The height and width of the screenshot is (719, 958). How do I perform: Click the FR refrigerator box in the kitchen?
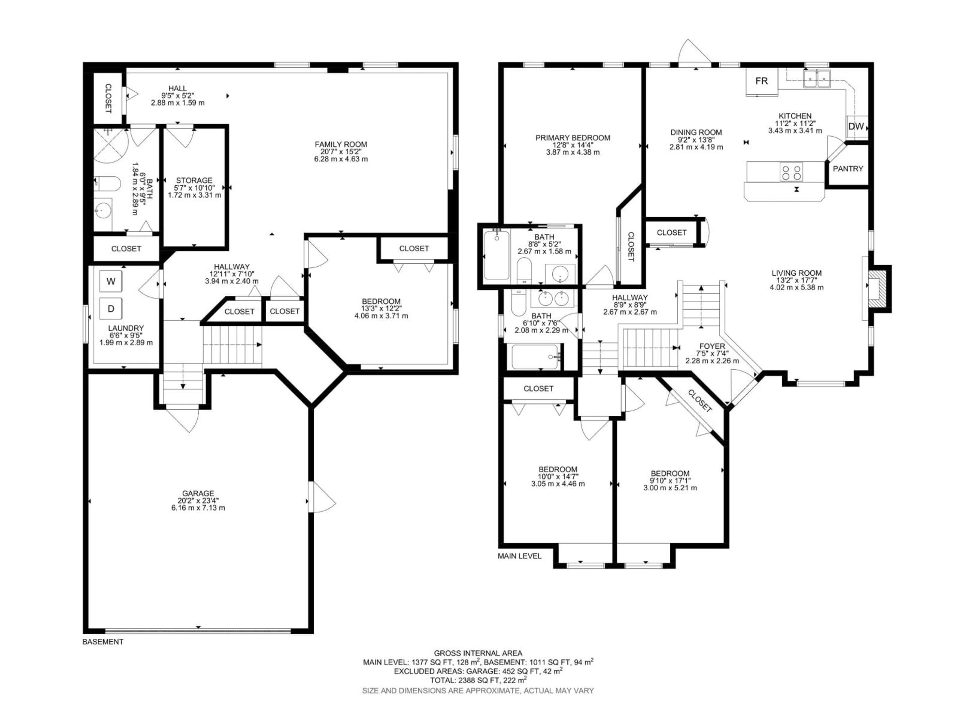pyautogui.click(x=761, y=81)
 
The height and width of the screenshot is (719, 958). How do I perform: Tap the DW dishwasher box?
pyautogui.click(x=856, y=127)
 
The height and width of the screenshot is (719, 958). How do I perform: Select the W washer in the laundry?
pyautogui.click(x=111, y=282)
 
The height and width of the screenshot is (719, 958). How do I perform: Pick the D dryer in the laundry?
pyautogui.click(x=111, y=309)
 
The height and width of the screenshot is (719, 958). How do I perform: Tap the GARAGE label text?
pyautogui.click(x=198, y=493)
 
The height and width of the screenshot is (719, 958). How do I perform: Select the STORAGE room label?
pyautogui.click(x=194, y=180)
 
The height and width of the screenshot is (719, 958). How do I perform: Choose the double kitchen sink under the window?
pyautogui.click(x=816, y=79)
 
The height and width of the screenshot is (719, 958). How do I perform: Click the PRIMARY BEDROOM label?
pyautogui.click(x=573, y=138)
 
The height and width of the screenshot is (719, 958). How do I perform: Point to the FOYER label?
pyautogui.click(x=712, y=346)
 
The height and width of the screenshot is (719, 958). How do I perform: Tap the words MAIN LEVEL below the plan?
pyautogui.click(x=519, y=556)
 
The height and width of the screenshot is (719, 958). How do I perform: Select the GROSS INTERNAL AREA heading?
pyautogui.click(x=478, y=653)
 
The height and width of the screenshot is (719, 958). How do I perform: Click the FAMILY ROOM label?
pyautogui.click(x=341, y=144)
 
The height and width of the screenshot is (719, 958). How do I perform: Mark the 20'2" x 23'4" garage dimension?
pyautogui.click(x=198, y=501)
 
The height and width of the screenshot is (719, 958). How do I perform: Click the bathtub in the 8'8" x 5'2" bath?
pyautogui.click(x=496, y=256)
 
